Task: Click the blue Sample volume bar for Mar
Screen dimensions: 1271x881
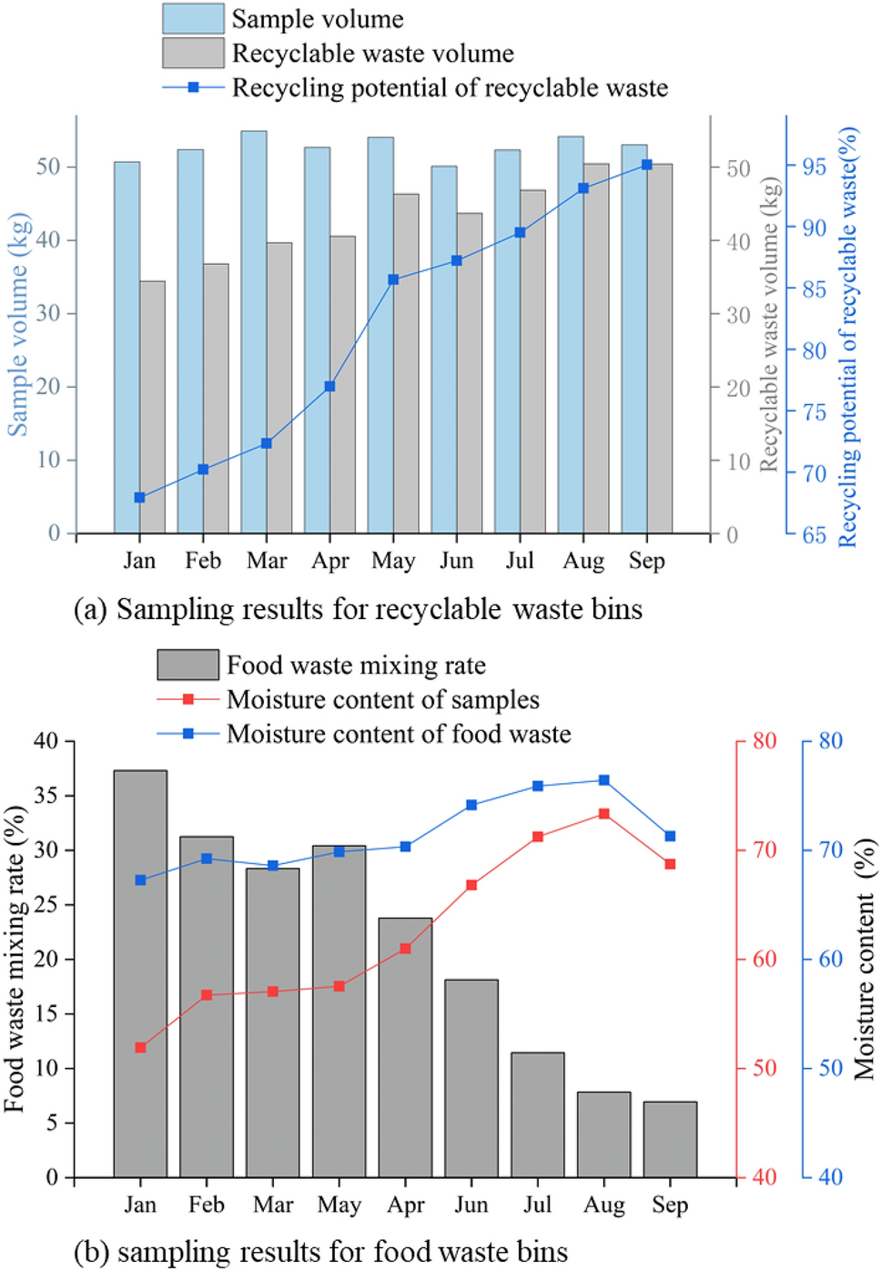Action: [x=254, y=332]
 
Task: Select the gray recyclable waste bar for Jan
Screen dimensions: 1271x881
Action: [x=153, y=407]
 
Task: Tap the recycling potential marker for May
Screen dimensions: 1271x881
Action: [x=393, y=280]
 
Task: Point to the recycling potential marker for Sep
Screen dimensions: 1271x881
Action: [x=646, y=165]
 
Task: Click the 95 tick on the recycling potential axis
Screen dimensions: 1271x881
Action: [x=814, y=167]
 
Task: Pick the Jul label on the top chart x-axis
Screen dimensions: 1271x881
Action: [x=520, y=561]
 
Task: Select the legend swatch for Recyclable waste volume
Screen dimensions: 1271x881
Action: [x=193, y=53]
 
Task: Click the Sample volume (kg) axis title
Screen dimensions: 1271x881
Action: [x=18, y=325]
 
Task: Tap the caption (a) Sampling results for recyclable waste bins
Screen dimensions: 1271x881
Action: [x=359, y=609]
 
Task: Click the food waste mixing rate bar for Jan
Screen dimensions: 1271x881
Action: [x=140, y=973]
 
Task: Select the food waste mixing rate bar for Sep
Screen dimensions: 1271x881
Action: [x=670, y=1139]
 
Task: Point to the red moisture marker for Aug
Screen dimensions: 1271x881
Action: [x=603, y=814]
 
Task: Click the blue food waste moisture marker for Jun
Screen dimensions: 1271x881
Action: [x=471, y=805]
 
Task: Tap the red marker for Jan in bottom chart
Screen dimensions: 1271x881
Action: [x=140, y=1048]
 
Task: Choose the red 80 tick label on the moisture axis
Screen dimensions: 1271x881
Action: [x=765, y=741]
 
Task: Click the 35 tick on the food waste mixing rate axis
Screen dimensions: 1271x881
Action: [x=46, y=796]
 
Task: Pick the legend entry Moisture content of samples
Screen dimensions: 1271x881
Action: [x=382, y=699]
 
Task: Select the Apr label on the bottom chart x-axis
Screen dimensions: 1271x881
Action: [x=406, y=1205]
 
